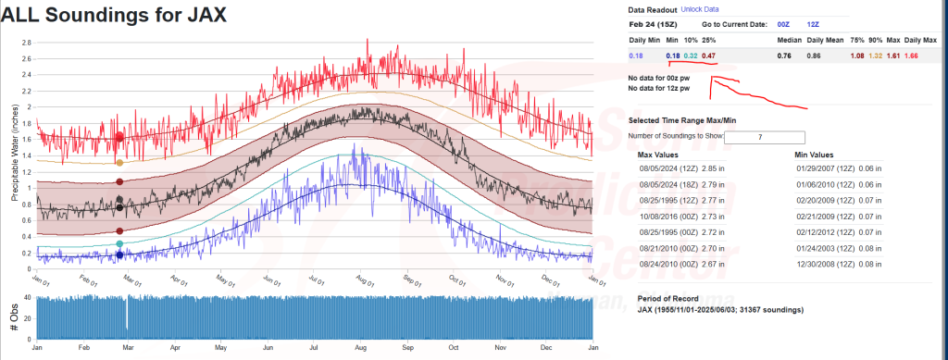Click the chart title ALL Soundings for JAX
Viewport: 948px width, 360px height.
point(113,15)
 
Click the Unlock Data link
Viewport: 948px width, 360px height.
point(700,9)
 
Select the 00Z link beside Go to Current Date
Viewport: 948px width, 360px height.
point(783,24)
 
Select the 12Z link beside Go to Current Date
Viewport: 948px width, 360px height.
point(813,24)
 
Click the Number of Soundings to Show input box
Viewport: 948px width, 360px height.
point(765,137)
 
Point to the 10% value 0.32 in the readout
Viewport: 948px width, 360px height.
point(690,56)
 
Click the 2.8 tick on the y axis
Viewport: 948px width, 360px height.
point(26,43)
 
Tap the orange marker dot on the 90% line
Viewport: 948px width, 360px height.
point(119,163)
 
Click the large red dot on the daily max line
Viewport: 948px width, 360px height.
point(119,137)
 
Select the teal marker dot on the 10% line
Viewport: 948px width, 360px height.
point(119,244)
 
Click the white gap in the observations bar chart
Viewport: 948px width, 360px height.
point(127,314)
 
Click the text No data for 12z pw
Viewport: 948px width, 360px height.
point(659,89)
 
